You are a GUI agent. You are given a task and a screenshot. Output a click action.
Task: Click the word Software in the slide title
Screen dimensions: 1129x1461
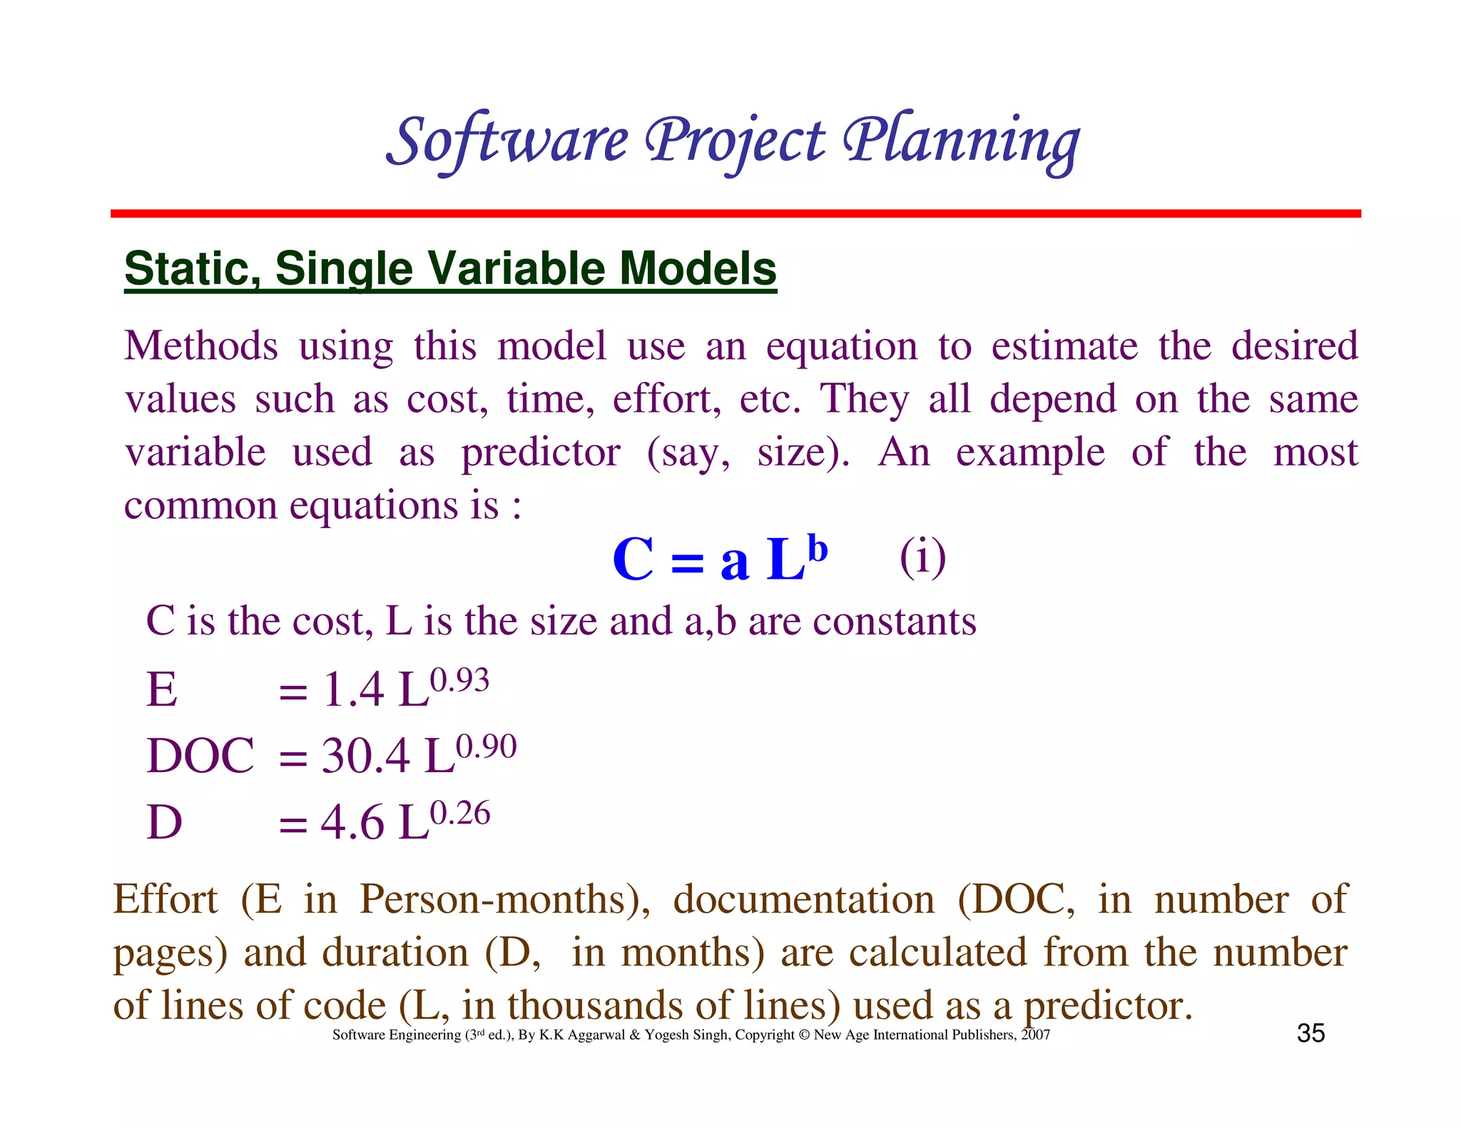click(x=507, y=141)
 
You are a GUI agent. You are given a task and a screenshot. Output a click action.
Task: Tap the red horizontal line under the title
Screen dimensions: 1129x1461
click(x=735, y=213)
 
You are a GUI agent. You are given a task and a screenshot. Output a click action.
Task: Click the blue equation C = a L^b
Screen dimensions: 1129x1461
click(x=719, y=559)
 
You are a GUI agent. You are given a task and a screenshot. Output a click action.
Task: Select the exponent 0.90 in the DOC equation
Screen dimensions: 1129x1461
click(x=487, y=746)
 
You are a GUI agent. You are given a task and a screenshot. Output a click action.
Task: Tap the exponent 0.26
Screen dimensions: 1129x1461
click(x=461, y=814)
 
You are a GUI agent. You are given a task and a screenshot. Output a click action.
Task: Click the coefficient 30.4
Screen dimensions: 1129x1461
click(x=365, y=756)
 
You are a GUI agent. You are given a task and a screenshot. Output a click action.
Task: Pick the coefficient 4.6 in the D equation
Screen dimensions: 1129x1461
click(x=352, y=822)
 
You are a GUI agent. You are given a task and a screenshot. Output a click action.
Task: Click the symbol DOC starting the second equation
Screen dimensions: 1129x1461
click(x=200, y=756)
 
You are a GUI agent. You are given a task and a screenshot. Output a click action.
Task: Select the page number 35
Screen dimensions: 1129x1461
click(x=1310, y=1033)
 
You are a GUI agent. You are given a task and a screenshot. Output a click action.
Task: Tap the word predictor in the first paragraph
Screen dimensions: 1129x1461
click(x=541, y=452)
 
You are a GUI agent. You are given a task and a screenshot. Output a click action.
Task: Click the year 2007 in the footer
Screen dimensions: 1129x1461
click(x=1035, y=1035)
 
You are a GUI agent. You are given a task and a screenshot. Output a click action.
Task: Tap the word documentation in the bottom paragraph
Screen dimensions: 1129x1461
click(x=804, y=898)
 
